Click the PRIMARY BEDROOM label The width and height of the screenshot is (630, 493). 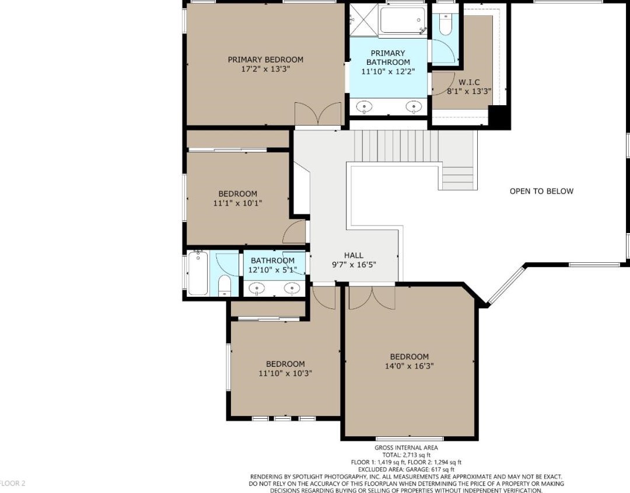265,60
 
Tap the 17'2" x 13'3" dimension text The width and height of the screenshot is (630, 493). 265,69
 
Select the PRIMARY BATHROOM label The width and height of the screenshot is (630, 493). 388,58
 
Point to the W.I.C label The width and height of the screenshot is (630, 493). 469,82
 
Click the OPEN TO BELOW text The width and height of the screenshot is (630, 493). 541,191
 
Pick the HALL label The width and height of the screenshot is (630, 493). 353,255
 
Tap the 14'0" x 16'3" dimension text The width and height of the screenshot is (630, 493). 409,366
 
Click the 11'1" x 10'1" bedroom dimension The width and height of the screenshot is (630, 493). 237,203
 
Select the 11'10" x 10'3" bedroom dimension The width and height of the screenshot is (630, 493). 285,373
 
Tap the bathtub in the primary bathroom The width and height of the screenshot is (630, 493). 402,20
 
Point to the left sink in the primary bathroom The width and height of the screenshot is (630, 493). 365,107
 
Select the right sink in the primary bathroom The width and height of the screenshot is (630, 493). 414,107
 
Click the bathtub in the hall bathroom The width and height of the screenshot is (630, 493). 198,273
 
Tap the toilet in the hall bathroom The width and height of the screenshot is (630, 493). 224,285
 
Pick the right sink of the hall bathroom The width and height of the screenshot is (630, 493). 292,288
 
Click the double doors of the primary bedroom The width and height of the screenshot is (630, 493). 318,114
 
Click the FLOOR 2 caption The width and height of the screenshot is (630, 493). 13,483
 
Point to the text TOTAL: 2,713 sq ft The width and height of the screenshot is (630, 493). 406,455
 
